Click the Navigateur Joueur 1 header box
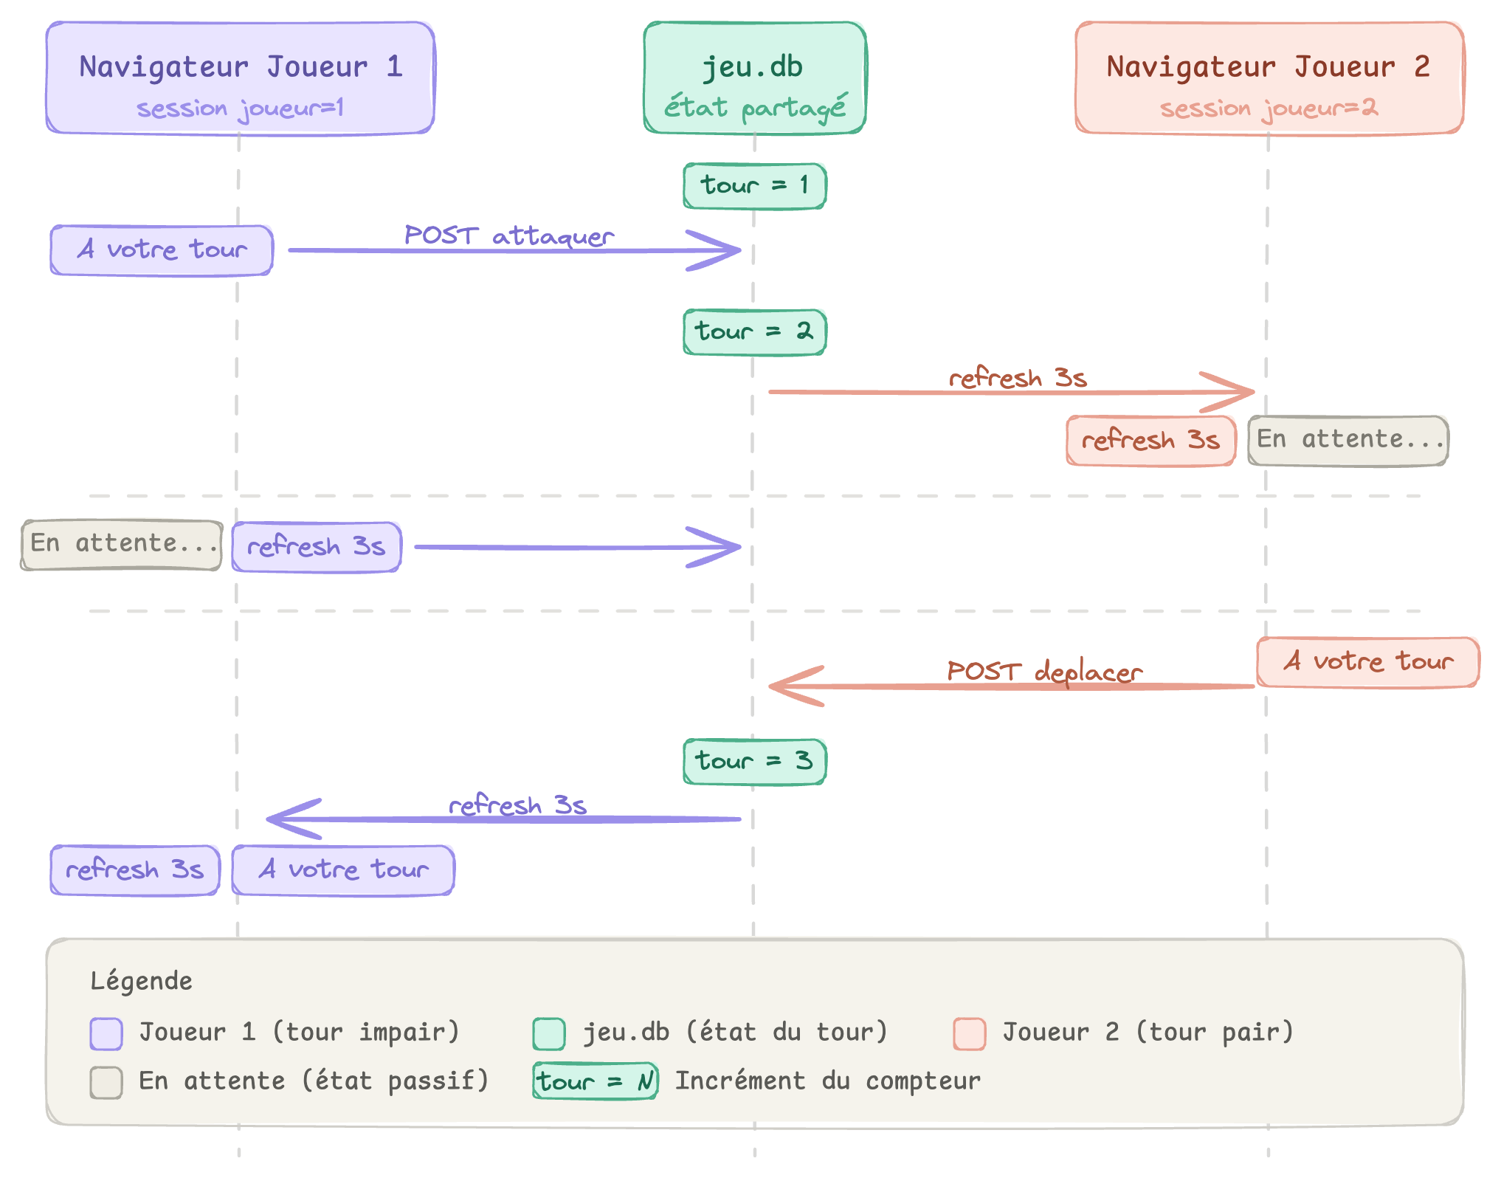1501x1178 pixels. point(240,77)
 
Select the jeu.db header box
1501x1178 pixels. point(754,77)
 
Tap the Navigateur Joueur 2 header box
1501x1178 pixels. point(1269,77)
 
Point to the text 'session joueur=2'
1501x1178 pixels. point(1269,108)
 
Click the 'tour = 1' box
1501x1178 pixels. point(754,185)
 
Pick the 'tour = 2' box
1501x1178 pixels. point(754,331)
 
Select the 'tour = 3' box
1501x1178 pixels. point(754,761)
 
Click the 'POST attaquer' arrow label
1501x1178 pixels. point(509,235)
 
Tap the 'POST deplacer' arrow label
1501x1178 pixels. point(1044,671)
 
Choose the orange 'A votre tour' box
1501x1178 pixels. point(1367,662)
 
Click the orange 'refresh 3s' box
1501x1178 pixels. point(1150,441)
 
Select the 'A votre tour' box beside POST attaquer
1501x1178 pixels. point(162,250)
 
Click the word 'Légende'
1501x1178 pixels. point(141,981)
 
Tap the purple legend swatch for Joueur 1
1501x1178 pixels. point(106,1033)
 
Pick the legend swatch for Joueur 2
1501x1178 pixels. point(969,1033)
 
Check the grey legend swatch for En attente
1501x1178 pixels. point(106,1082)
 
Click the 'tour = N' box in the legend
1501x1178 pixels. point(595,1082)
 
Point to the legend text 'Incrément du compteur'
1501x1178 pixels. point(828,1081)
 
